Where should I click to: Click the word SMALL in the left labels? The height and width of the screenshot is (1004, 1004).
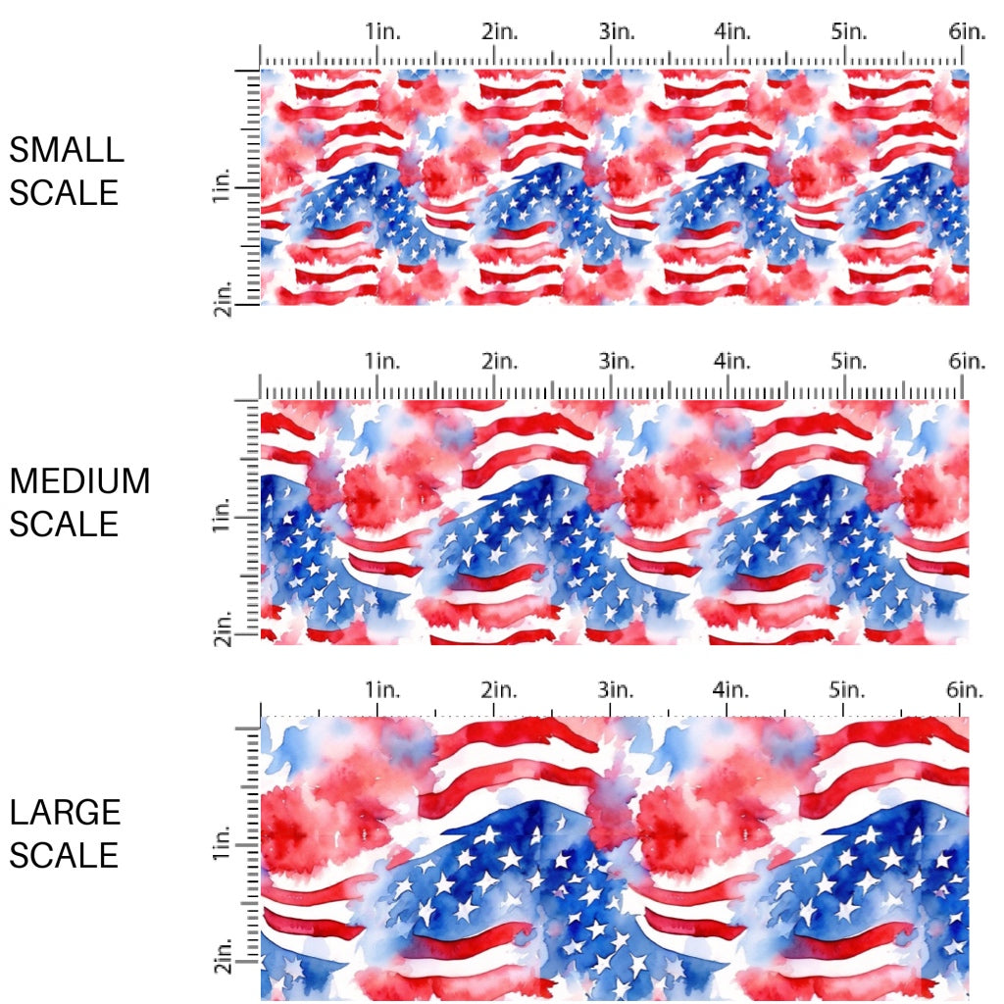(67, 150)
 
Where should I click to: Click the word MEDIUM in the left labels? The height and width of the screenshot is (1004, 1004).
(79, 481)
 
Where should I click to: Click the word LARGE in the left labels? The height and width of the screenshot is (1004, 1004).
(66, 813)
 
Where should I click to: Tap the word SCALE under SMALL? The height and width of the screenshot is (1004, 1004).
(64, 193)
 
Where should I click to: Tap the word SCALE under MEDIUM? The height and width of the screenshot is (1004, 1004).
(64, 525)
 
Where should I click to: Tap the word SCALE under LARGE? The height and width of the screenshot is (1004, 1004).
(64, 856)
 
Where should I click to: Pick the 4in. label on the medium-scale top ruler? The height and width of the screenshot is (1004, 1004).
(732, 362)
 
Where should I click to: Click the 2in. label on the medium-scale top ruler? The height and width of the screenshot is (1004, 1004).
(500, 362)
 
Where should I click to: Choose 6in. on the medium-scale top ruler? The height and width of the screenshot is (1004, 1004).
(967, 362)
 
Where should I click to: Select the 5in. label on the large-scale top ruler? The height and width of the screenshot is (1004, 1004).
(849, 689)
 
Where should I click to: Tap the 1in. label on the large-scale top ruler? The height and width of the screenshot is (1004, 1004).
(384, 689)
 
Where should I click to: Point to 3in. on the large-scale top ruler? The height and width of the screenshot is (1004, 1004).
(617, 689)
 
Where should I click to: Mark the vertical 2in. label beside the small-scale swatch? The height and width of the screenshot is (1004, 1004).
(221, 297)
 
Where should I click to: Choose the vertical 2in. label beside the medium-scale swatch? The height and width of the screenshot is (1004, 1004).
(221, 627)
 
